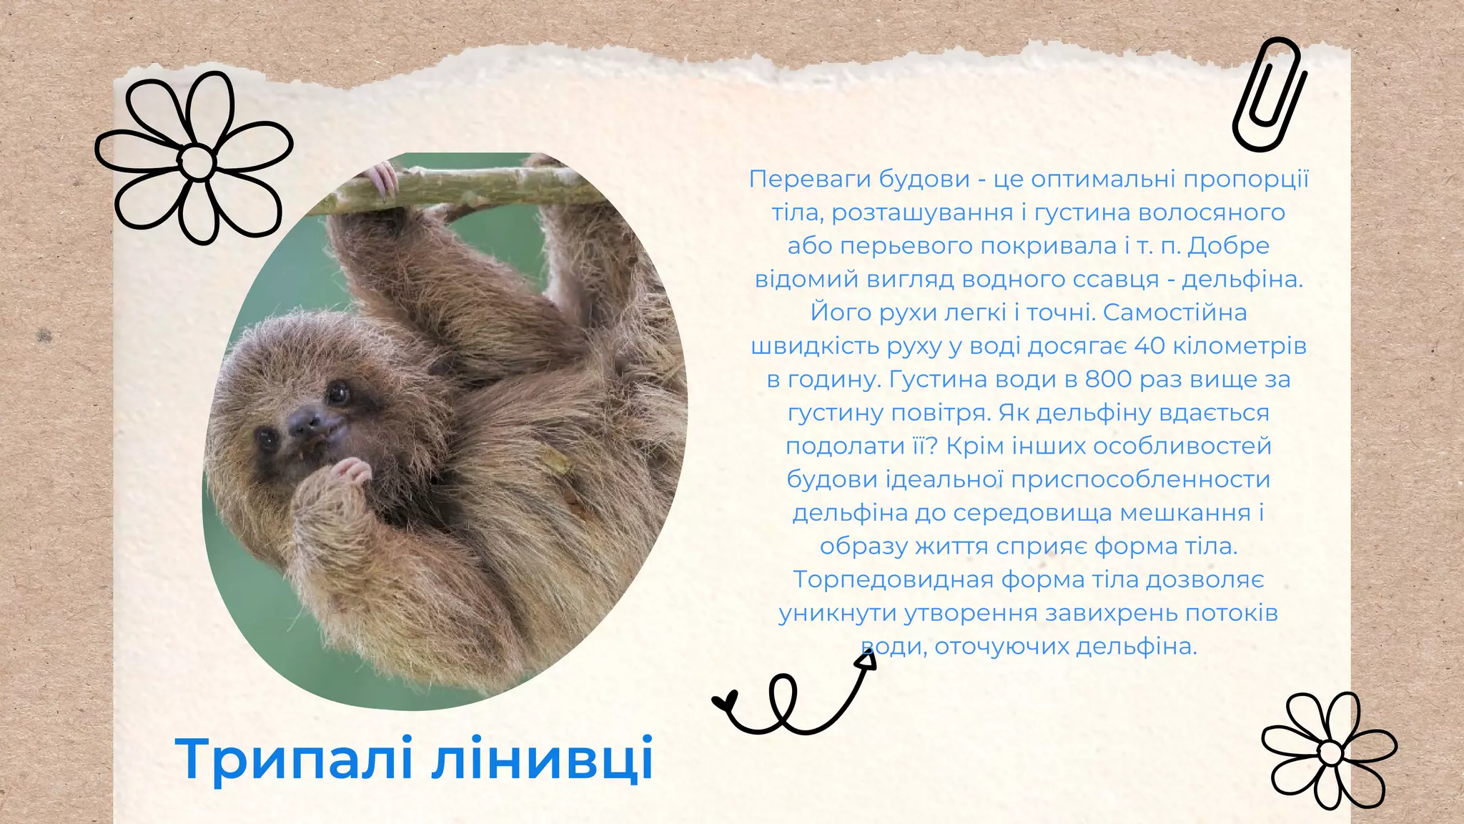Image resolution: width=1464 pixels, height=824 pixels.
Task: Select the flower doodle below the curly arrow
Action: (x=1330, y=751)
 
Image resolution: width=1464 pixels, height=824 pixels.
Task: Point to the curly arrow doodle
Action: (x=793, y=697)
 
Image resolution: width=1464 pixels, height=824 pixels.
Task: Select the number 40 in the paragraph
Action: (x=1149, y=346)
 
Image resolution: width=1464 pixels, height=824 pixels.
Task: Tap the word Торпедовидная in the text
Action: (x=893, y=579)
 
